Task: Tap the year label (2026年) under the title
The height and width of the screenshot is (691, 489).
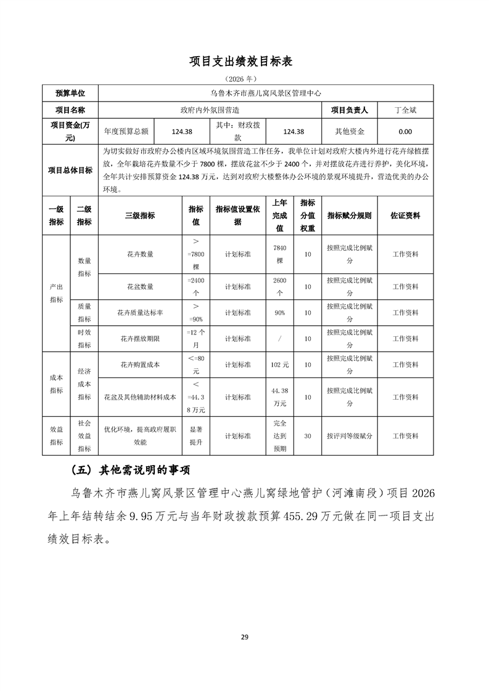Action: point(244,79)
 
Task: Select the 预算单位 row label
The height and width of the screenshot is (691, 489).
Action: point(70,94)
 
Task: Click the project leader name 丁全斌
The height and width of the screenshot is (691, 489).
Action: point(405,110)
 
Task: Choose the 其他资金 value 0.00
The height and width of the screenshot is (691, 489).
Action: point(405,131)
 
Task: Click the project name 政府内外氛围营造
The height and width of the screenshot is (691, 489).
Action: point(210,110)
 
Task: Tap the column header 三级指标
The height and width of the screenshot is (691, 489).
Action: point(140,216)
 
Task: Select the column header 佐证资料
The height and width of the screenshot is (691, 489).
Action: point(405,216)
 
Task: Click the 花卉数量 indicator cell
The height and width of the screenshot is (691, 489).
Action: point(140,254)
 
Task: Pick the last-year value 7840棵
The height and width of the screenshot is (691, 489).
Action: point(280,254)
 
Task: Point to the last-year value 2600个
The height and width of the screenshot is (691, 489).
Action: point(280,286)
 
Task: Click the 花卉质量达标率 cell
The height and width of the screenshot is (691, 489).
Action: point(140,313)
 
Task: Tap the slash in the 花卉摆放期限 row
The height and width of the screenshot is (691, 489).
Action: point(280,339)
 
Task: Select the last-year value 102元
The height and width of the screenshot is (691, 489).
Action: point(280,365)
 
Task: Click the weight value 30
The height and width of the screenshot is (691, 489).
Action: point(307,435)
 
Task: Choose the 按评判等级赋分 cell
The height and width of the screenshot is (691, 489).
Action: point(349,435)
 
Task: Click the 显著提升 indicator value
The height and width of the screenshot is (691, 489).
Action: point(195,435)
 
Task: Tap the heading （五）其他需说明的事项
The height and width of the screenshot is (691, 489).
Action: point(129,471)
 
